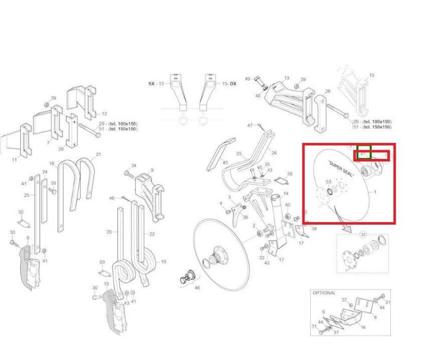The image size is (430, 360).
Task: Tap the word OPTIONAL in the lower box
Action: point(324,293)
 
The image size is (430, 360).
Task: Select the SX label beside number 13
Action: point(152,83)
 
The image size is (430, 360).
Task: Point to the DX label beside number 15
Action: point(233,83)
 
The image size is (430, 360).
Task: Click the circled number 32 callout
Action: point(363,235)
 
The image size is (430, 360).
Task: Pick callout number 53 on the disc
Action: point(328,182)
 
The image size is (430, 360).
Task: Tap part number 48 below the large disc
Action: point(197,287)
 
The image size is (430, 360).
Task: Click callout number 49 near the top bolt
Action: point(247,79)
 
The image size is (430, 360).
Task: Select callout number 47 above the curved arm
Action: point(250,125)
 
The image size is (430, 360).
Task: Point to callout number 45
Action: point(225,163)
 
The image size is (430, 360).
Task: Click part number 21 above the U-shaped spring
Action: point(98,154)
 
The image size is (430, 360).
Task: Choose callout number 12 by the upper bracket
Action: point(104,114)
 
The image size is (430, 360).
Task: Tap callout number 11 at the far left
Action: point(14,160)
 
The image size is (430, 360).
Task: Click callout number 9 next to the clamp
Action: point(152,170)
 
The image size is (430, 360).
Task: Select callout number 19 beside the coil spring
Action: point(164,262)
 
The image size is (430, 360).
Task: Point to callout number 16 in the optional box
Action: point(363,327)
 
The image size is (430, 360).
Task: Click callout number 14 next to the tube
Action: point(286,193)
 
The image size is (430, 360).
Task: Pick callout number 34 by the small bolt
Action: point(134,166)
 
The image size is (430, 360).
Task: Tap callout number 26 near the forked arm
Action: point(274,152)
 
